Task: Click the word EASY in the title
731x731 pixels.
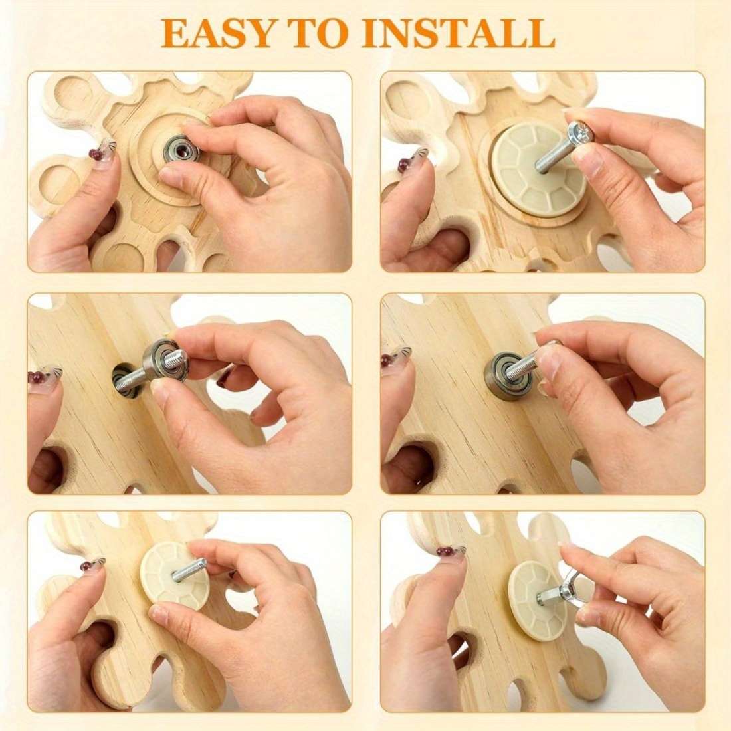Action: click(x=218, y=33)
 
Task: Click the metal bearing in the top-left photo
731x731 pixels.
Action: click(x=181, y=149)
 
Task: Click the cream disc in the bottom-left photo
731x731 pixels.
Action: click(x=175, y=575)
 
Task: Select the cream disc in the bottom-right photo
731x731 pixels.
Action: click(x=536, y=599)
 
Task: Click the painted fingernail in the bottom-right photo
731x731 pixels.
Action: click(x=451, y=551)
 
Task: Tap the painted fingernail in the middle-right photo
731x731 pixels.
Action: click(x=396, y=356)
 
